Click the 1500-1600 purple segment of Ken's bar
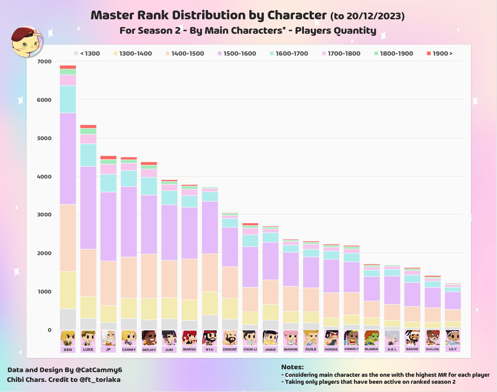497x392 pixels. point(68,159)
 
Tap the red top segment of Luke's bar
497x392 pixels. point(88,127)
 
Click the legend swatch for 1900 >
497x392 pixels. point(429,54)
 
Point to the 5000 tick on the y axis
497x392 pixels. point(44,138)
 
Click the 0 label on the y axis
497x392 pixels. point(50,330)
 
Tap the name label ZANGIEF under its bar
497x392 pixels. point(230,349)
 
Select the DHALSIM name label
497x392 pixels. point(432,349)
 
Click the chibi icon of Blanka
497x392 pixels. point(372,338)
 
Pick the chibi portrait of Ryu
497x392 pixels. point(210,338)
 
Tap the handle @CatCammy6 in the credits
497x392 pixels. point(99,370)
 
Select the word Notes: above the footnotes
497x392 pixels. point(292,367)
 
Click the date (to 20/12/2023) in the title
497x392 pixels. point(367,16)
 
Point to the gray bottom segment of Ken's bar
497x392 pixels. point(68,319)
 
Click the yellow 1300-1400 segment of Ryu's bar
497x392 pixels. point(210,303)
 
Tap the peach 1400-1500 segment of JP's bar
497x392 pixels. point(108,283)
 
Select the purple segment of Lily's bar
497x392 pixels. point(453,301)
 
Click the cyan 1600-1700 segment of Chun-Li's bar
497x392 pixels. point(250,241)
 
